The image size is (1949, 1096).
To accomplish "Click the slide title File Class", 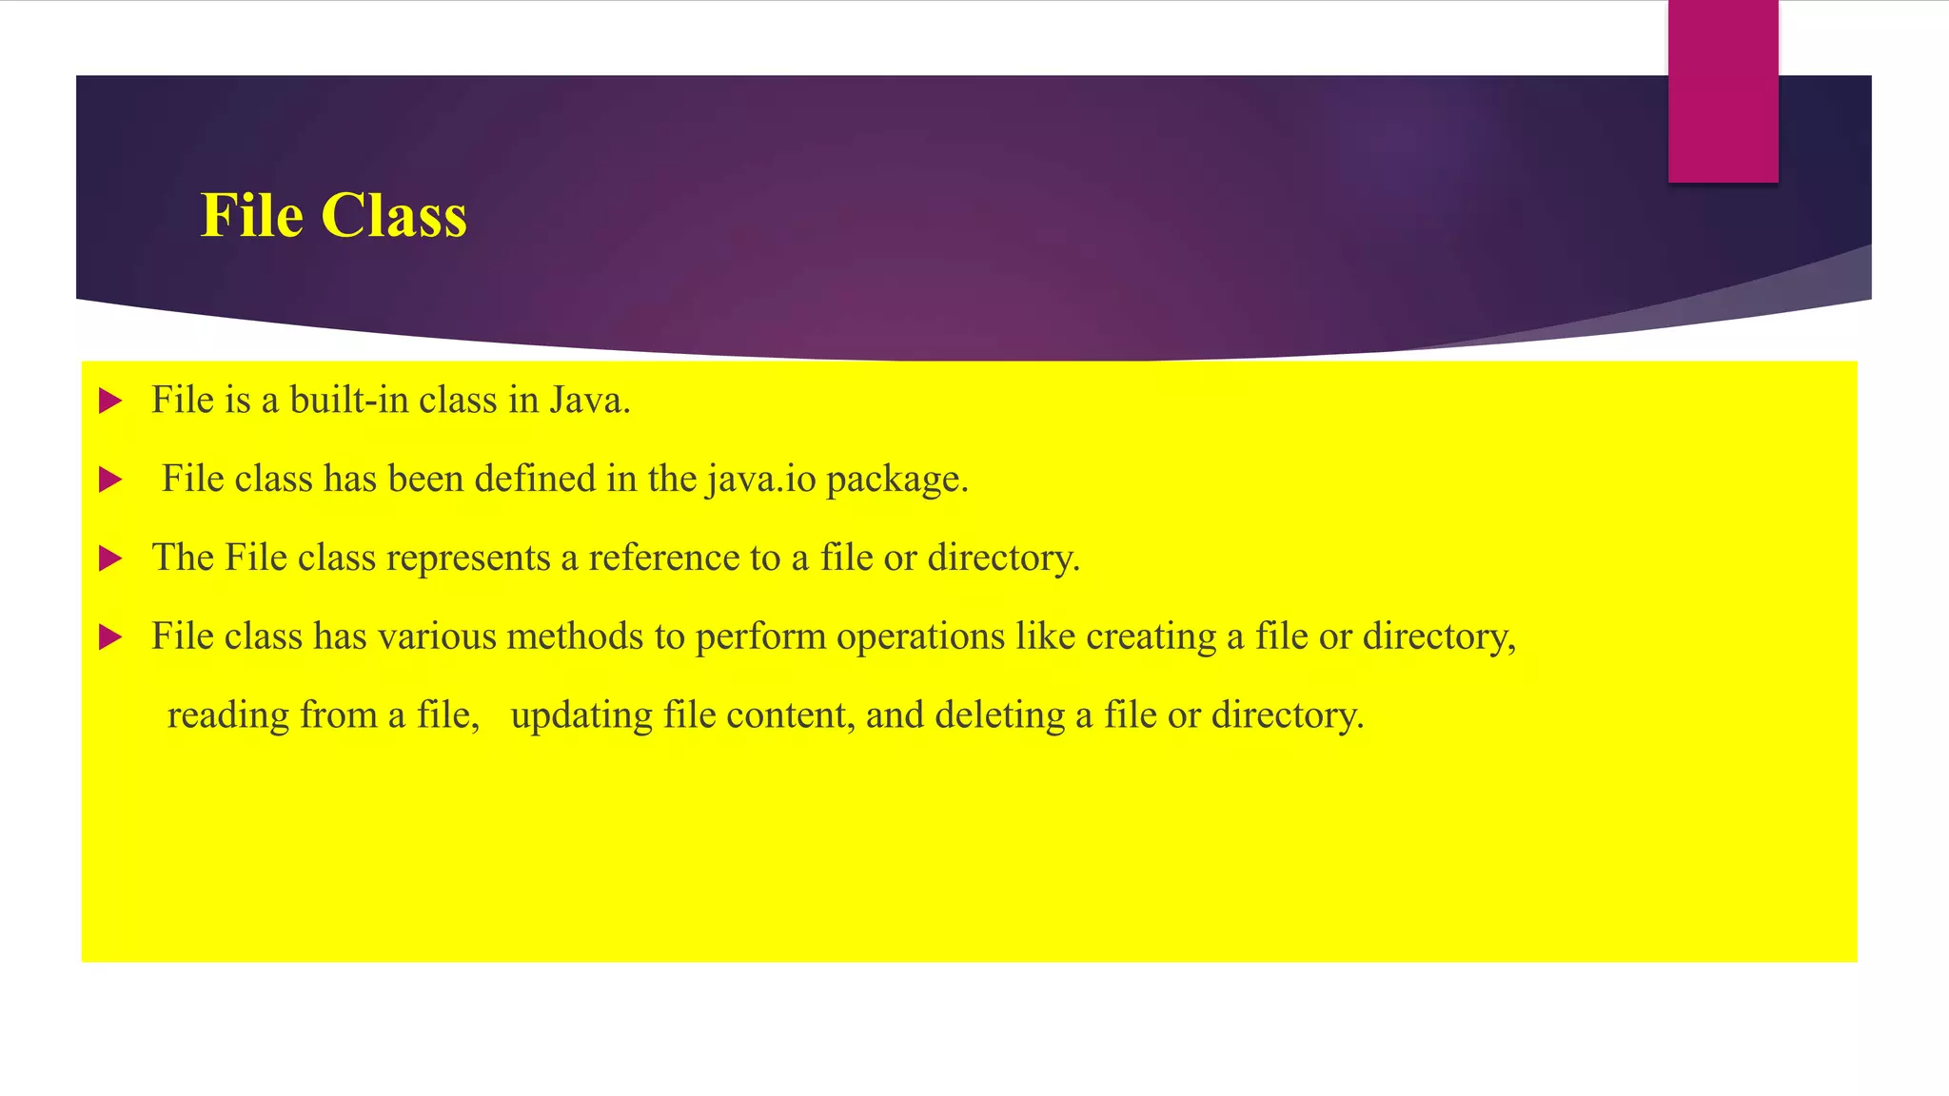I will [333, 215].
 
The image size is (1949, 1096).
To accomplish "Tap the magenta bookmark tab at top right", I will [1723, 91].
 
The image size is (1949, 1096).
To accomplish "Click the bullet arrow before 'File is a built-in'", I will [110, 401].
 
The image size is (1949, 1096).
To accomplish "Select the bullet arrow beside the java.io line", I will [110, 480].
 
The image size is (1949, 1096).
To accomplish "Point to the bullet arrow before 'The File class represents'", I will [110, 559].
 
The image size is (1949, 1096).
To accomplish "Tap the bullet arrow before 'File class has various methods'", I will [110, 637].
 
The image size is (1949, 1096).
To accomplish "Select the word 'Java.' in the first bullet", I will [590, 401].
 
